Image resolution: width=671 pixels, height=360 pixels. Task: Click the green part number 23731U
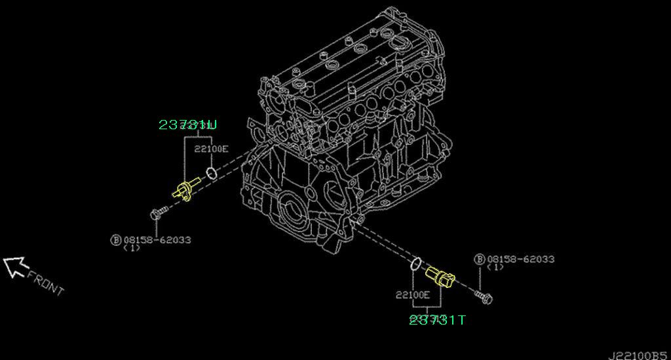[x=187, y=124]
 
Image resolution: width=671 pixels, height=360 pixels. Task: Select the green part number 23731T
[x=438, y=319]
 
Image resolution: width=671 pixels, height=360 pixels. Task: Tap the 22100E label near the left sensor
[x=211, y=149]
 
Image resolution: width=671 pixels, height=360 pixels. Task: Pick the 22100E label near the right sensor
[x=412, y=294]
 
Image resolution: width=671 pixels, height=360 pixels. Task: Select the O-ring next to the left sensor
[x=210, y=173]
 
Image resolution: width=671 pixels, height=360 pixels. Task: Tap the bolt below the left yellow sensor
[x=157, y=213]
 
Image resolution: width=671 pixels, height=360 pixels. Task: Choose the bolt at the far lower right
[x=486, y=298]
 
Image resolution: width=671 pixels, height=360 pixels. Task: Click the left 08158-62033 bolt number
[x=157, y=240]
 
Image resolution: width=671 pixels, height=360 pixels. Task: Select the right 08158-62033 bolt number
[x=520, y=259]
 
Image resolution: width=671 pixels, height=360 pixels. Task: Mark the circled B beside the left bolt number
[x=115, y=241]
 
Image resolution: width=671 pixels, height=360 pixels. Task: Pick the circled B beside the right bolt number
[x=479, y=259]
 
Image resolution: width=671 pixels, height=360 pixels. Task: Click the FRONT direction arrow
[x=14, y=266]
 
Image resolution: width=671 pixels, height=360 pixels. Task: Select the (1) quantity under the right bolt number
[x=495, y=268]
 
